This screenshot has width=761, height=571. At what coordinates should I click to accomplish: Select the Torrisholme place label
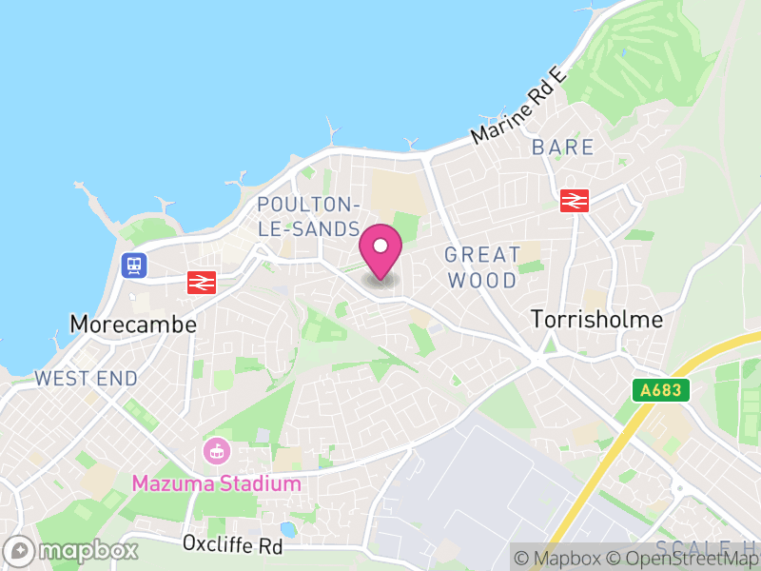pyautogui.click(x=596, y=319)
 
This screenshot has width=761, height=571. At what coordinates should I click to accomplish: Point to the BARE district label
pyautogui.click(x=563, y=148)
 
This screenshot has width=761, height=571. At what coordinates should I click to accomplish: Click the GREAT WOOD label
pyautogui.click(x=483, y=267)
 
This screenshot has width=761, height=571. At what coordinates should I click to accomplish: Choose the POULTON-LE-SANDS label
pyautogui.click(x=308, y=217)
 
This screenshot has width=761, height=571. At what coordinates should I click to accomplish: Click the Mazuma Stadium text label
pyautogui.click(x=216, y=483)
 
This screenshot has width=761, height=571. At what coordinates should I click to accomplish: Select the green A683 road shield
pyautogui.click(x=659, y=390)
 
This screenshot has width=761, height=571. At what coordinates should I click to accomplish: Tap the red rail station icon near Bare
pyautogui.click(x=575, y=201)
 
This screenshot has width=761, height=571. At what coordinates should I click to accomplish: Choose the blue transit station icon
pyautogui.click(x=134, y=265)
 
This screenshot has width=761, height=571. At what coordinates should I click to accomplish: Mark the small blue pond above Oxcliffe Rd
pyautogui.click(x=287, y=529)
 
